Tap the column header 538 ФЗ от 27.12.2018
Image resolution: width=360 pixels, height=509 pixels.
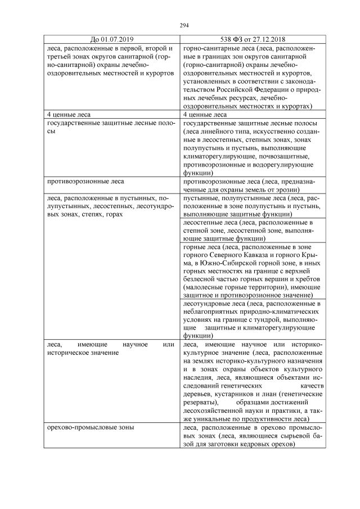(248, 39)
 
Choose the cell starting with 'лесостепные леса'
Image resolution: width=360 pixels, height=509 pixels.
(248, 230)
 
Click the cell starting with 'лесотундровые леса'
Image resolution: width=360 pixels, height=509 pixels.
(248, 319)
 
